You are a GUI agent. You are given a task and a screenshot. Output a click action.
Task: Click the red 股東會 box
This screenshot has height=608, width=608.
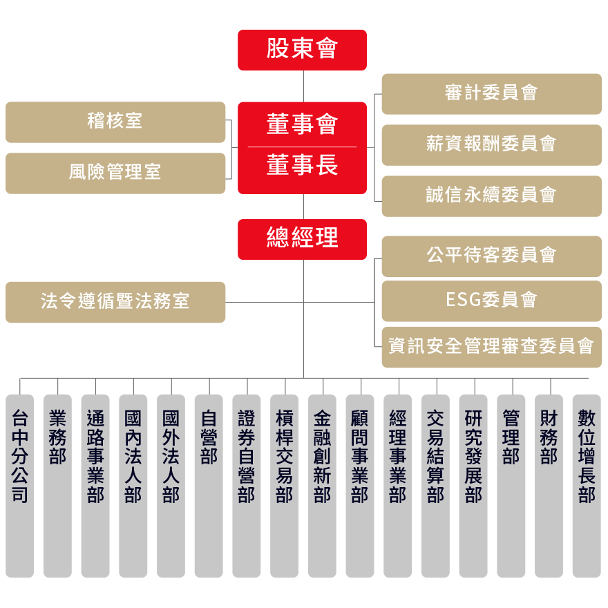pyautogui.click(x=302, y=50)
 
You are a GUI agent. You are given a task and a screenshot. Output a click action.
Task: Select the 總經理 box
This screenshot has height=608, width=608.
pyautogui.click(x=302, y=239)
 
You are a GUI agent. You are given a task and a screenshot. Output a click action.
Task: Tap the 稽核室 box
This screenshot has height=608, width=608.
pyautogui.click(x=115, y=122)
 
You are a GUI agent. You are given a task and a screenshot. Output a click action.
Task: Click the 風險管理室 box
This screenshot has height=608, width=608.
pyautogui.click(x=115, y=173)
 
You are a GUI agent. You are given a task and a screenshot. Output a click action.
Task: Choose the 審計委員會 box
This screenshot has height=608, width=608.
pyautogui.click(x=491, y=93)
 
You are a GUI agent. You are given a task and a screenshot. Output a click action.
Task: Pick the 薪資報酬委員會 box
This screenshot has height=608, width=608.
pyautogui.click(x=491, y=144)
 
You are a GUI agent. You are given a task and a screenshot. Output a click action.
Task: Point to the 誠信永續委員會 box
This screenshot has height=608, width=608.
pyautogui.click(x=491, y=196)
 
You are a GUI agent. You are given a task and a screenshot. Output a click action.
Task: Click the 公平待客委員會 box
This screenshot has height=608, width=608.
pyautogui.click(x=491, y=256)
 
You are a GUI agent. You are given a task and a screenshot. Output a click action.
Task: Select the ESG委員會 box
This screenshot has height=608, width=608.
pyautogui.click(x=491, y=301)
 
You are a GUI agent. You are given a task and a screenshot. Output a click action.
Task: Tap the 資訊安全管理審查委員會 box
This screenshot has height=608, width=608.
pyautogui.click(x=491, y=346)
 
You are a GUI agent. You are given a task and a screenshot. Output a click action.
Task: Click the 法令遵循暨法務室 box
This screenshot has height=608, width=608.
pyautogui.click(x=115, y=302)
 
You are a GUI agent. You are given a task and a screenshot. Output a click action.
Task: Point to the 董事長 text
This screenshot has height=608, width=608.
pyautogui.click(x=302, y=167)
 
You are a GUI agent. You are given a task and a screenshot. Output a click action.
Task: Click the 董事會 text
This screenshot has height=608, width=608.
pyautogui.click(x=302, y=125)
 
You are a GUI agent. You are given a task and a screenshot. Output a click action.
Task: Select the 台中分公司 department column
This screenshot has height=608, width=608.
pyautogui.click(x=20, y=484)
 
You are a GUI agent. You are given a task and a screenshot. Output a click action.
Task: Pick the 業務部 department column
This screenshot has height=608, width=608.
pyautogui.click(x=57, y=484)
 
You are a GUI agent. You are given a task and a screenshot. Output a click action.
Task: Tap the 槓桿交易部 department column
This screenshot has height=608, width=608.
pyautogui.click(x=284, y=484)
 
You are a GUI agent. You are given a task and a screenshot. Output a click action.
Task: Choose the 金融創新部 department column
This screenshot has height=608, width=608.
pyautogui.click(x=322, y=484)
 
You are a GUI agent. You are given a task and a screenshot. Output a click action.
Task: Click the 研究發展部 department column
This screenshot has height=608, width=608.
pyautogui.click(x=473, y=484)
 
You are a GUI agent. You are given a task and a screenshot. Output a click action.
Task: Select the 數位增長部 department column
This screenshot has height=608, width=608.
pyautogui.click(x=586, y=484)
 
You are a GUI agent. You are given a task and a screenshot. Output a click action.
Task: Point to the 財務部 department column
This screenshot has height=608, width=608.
pyautogui.click(x=549, y=484)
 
